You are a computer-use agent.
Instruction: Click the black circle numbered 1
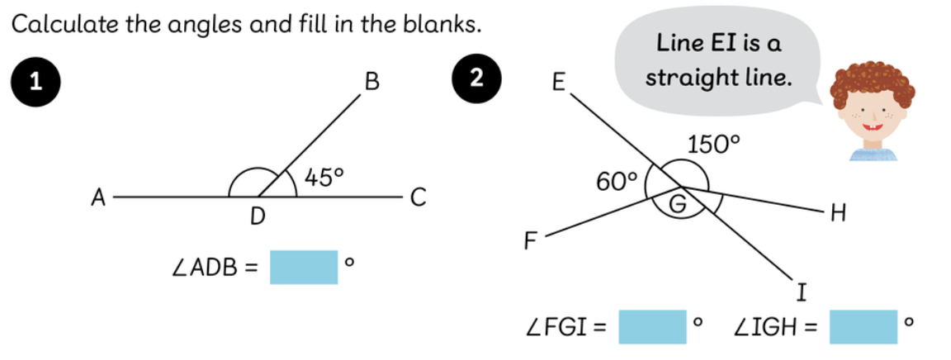click(x=34, y=80)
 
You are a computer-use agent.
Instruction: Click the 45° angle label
click(x=324, y=175)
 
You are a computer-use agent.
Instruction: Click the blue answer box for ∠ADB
click(x=304, y=267)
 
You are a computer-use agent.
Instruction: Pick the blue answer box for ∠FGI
click(x=652, y=326)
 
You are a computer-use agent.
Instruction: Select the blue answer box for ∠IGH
click(x=863, y=326)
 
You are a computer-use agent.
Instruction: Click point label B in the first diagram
click(x=371, y=81)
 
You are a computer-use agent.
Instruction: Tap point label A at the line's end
click(x=98, y=197)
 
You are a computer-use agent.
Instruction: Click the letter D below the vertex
click(x=258, y=217)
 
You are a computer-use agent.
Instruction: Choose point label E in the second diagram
click(x=558, y=83)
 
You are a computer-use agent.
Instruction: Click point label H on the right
click(x=839, y=216)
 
